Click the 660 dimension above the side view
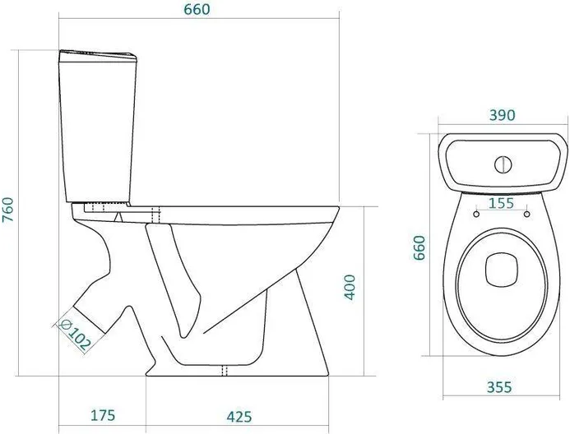point(197,9)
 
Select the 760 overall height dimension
point(8,210)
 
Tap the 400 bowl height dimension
point(350,287)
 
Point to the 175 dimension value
point(103,415)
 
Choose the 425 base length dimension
point(239,417)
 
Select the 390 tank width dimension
point(502,115)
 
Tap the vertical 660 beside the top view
point(419,247)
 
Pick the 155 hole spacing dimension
point(501,203)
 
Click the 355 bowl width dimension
point(499,387)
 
